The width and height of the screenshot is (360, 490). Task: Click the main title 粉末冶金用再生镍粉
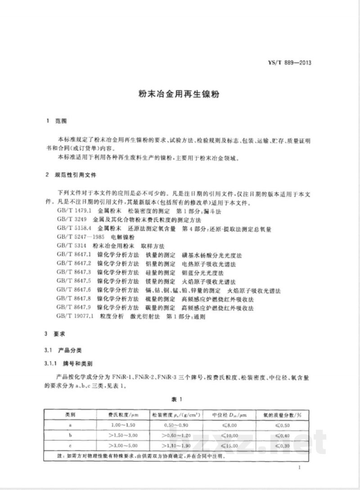180,96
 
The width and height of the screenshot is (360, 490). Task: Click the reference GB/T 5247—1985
81,237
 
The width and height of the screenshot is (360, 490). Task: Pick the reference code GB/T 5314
72,246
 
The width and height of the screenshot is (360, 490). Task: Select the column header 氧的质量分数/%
280,414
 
